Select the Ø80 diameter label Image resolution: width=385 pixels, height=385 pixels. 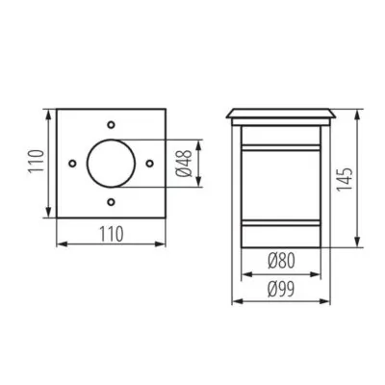[283, 259]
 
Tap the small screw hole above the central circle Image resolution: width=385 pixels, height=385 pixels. [113, 125]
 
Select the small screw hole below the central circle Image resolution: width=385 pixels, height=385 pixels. [113, 203]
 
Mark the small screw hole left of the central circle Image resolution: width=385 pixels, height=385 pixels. [73, 165]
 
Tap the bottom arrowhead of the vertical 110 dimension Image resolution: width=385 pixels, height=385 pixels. [47, 216]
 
